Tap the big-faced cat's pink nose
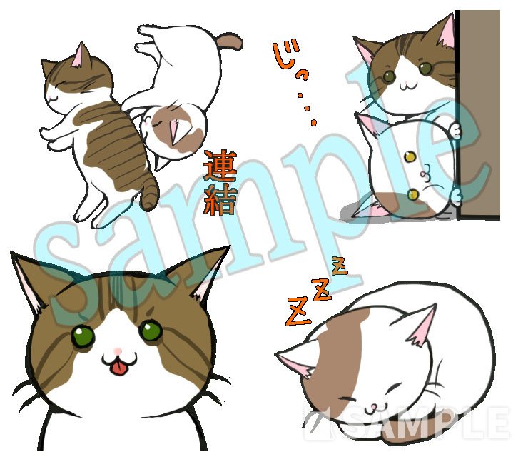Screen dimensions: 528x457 (117, 351)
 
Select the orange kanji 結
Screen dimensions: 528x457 (220, 199)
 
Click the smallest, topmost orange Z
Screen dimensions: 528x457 (339, 266)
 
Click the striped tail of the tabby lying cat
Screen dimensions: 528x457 (150, 193)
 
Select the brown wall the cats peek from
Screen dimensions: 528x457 (478, 114)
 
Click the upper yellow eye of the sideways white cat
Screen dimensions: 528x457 (410, 156)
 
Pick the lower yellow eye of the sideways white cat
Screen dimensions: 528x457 (413, 194)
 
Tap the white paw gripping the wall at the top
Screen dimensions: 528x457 (455, 131)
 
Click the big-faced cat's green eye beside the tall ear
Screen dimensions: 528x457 (151, 331)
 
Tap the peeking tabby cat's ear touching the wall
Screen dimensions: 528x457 (444, 32)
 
